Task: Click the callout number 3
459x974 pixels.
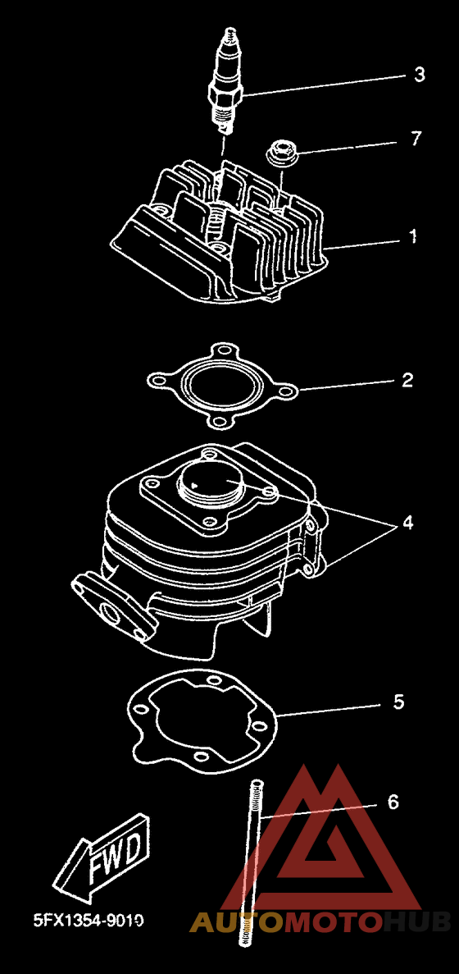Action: pos(420,75)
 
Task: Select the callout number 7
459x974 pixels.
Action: pos(416,139)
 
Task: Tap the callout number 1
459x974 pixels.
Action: pos(412,236)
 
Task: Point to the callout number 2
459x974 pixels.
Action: pos(407,380)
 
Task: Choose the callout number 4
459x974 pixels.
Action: pos(407,523)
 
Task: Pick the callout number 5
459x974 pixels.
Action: pos(399,702)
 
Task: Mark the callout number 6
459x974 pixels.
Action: pos(393,802)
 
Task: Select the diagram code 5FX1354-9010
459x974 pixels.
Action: pos(89,920)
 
